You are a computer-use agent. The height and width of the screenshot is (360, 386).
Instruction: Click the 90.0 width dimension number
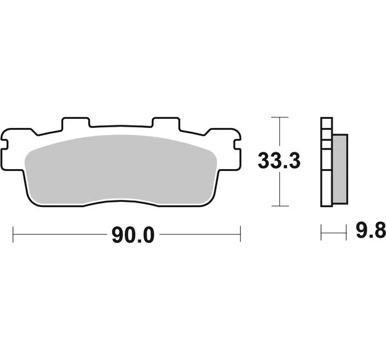click(x=133, y=235)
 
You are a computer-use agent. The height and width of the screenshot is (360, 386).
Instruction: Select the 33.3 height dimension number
click(x=279, y=161)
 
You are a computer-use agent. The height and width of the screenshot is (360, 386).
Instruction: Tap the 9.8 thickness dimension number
click(x=371, y=230)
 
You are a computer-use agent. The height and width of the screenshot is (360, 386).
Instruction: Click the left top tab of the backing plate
click(x=75, y=123)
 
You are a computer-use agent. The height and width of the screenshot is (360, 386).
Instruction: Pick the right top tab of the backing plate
click(x=166, y=123)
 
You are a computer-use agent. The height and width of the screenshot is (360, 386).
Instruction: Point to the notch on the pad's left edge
click(x=5, y=145)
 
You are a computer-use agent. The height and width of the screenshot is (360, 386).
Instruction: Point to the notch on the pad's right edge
click(x=237, y=145)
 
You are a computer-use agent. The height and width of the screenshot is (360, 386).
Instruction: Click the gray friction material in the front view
click(x=121, y=170)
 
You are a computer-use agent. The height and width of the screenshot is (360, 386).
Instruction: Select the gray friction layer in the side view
click(x=340, y=169)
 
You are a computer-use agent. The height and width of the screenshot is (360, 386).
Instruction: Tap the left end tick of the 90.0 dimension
click(x=13, y=234)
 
